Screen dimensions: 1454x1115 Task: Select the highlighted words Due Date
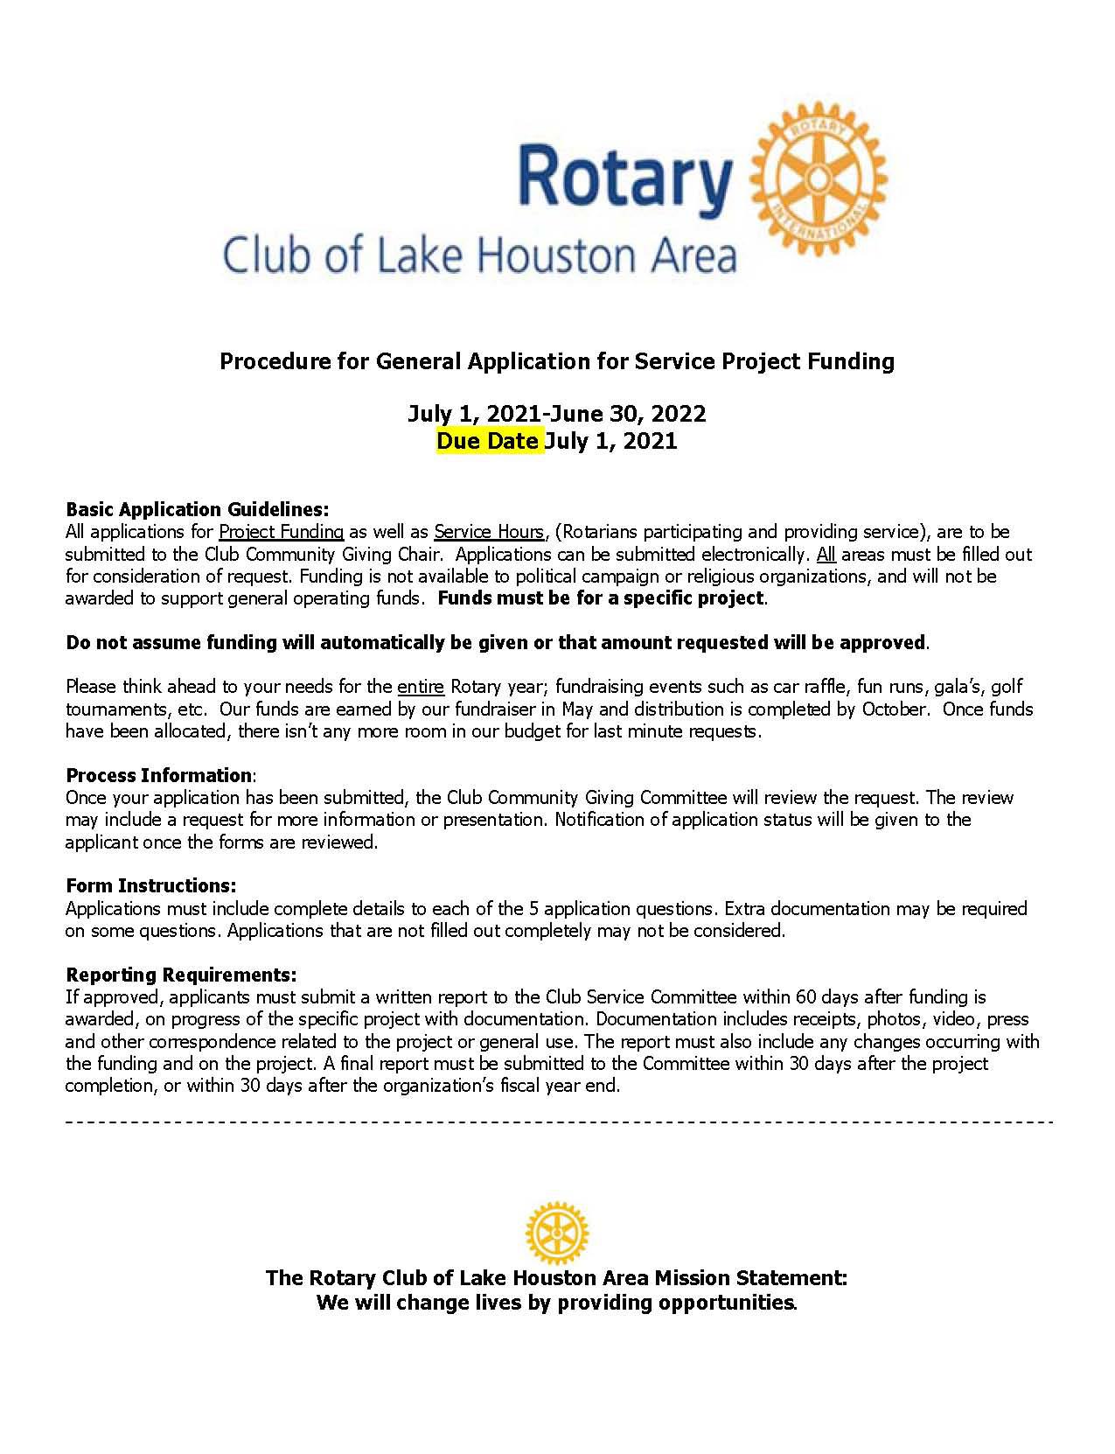pyautogui.click(x=488, y=441)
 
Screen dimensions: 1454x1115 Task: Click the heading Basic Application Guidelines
pyautogui.click(x=197, y=509)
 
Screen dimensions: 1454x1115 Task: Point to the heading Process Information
pyautogui.click(x=158, y=775)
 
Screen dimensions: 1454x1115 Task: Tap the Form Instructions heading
pyautogui.click(x=150, y=885)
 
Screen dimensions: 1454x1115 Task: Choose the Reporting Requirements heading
pyautogui.click(x=181, y=975)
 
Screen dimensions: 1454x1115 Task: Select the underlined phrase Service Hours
pyautogui.click(x=488, y=532)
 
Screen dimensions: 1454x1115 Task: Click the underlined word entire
pyautogui.click(x=421, y=687)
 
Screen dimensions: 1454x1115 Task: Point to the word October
pyautogui.click(x=892, y=709)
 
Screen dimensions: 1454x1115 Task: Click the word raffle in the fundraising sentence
pyautogui.click(x=824, y=687)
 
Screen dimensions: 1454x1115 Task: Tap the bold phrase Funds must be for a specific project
pyautogui.click(x=601, y=598)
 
